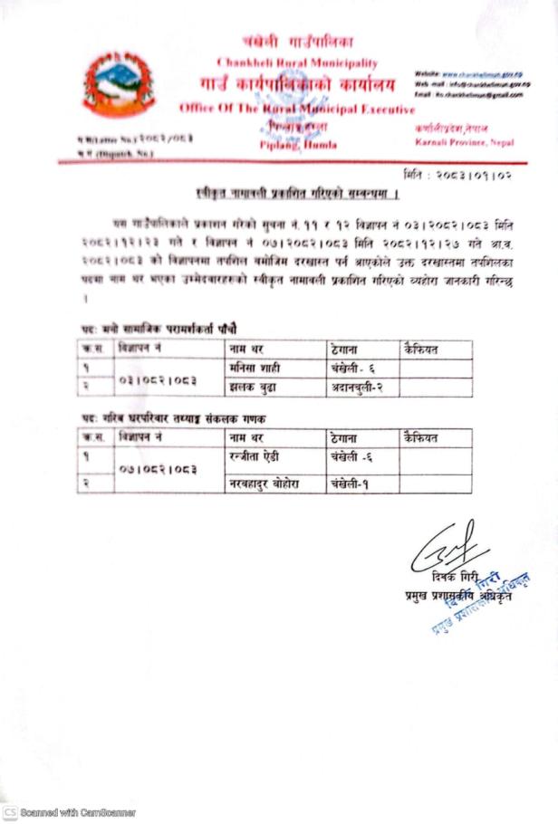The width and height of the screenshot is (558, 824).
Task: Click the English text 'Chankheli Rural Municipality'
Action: click(x=298, y=62)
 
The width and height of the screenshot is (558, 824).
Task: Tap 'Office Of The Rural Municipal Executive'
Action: click(x=296, y=109)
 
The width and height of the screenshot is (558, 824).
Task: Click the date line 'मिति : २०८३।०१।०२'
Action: click(x=456, y=173)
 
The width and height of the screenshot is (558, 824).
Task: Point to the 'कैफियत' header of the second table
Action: click(x=422, y=437)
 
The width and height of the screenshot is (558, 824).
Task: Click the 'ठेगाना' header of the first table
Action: click(x=347, y=350)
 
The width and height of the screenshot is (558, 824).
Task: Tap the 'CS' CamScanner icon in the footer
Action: click(x=10, y=812)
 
